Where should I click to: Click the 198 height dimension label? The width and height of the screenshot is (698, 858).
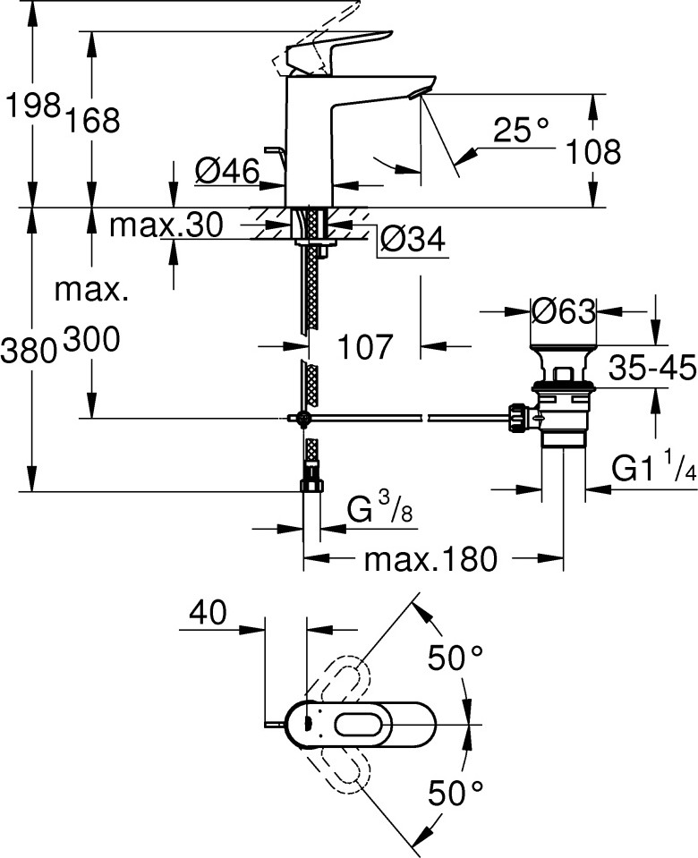[32, 105]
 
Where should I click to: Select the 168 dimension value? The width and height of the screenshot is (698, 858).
[92, 121]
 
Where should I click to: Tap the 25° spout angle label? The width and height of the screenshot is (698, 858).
[521, 131]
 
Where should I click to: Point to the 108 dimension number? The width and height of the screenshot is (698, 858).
[593, 151]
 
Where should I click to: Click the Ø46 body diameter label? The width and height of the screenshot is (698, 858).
[227, 172]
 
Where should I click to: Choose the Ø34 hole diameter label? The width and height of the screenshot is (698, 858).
[413, 239]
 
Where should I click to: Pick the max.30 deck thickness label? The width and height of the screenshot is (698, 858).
[166, 225]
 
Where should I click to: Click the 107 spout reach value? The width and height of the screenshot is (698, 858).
[365, 347]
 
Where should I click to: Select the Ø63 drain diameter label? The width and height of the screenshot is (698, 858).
[564, 312]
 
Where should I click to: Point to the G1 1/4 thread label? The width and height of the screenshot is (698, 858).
[653, 467]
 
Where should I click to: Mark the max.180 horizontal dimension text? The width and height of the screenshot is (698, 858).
[430, 559]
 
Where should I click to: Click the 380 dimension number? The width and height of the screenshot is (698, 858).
[29, 351]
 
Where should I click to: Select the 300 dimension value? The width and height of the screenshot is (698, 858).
[92, 339]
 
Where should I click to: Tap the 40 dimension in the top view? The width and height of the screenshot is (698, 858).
[208, 612]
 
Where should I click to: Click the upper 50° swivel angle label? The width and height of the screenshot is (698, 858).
[455, 658]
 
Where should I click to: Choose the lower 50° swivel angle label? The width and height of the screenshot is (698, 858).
[455, 793]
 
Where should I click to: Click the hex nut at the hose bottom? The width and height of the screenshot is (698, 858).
[311, 486]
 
